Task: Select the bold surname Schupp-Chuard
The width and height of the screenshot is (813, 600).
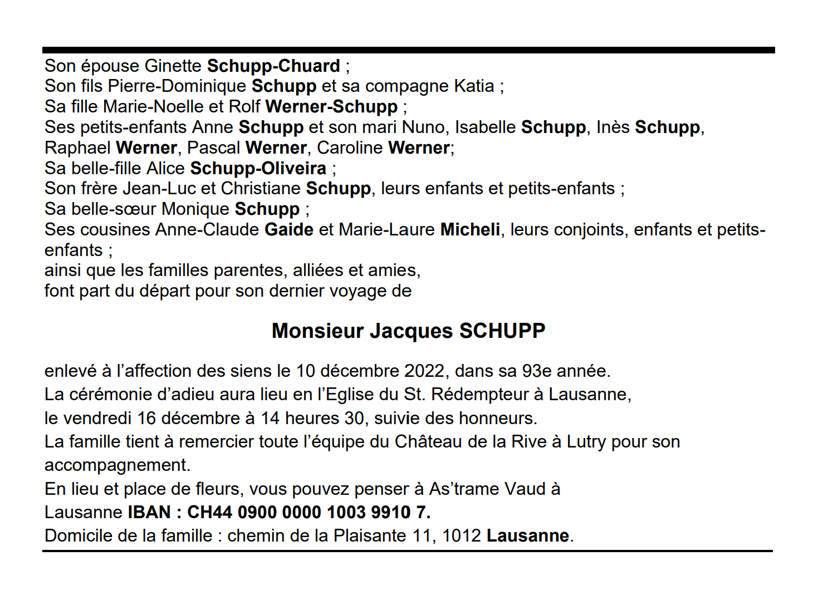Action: [x=273, y=66]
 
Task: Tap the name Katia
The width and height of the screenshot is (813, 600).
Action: [x=474, y=86]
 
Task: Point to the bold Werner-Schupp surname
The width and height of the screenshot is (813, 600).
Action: [x=331, y=107]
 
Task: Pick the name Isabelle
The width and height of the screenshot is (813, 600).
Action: [x=485, y=127]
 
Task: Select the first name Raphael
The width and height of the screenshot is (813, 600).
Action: [x=77, y=148]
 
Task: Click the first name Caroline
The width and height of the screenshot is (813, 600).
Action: [x=350, y=148]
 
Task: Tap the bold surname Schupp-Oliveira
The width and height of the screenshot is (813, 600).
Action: [x=258, y=168]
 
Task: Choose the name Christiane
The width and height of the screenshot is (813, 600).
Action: [x=261, y=189]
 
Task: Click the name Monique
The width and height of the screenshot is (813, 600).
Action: [x=195, y=209]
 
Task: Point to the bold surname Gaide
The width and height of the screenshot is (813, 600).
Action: [x=288, y=230]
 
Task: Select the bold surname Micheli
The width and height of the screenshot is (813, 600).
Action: [x=470, y=230]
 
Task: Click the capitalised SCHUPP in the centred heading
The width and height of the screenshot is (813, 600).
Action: [x=502, y=331]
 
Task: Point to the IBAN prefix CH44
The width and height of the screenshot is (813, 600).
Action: [x=209, y=512]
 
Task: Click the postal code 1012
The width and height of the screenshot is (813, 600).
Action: [x=461, y=536]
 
